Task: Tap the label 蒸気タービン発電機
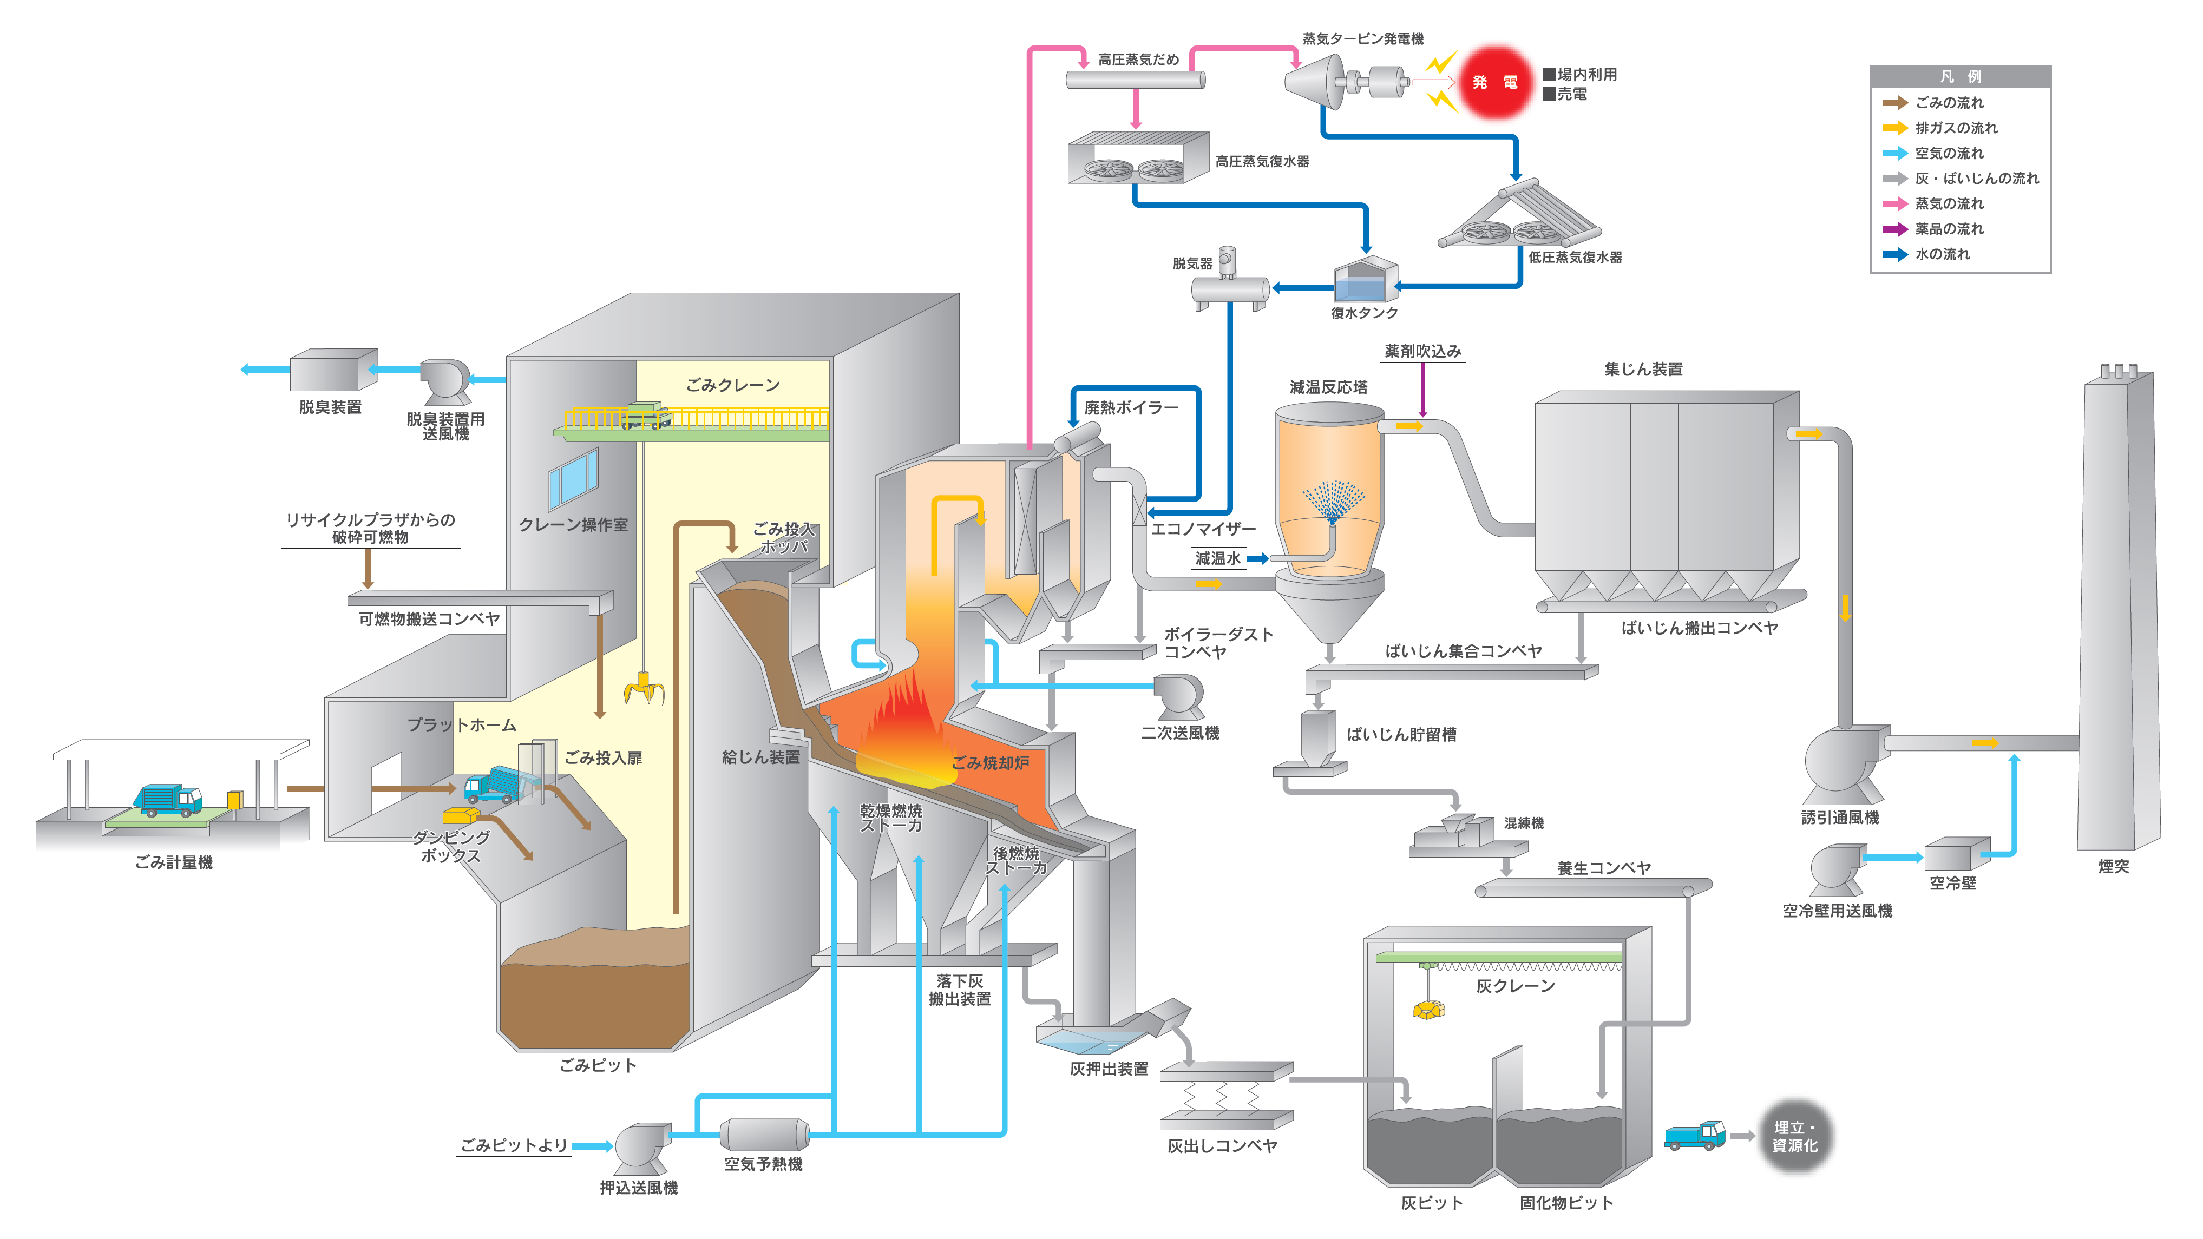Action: pos(1362,38)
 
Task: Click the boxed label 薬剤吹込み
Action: pos(1422,351)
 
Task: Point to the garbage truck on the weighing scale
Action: pos(168,800)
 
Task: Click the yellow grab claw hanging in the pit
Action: pos(644,688)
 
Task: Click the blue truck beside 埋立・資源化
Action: pos(1694,1135)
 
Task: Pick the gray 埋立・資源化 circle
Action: pos(1795,1136)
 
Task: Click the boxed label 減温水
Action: pos(1218,558)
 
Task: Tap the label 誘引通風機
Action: pos(1840,818)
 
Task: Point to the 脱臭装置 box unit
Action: pos(333,370)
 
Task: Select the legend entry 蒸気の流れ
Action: pos(1949,203)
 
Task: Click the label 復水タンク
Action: pos(1364,313)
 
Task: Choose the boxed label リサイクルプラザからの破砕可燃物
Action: pos(370,529)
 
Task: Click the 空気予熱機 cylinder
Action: pos(764,1134)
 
